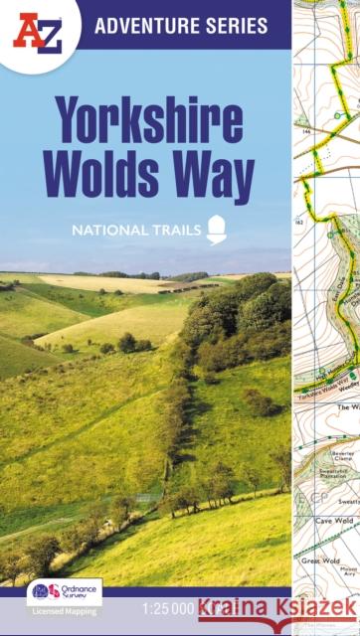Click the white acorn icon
217,232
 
